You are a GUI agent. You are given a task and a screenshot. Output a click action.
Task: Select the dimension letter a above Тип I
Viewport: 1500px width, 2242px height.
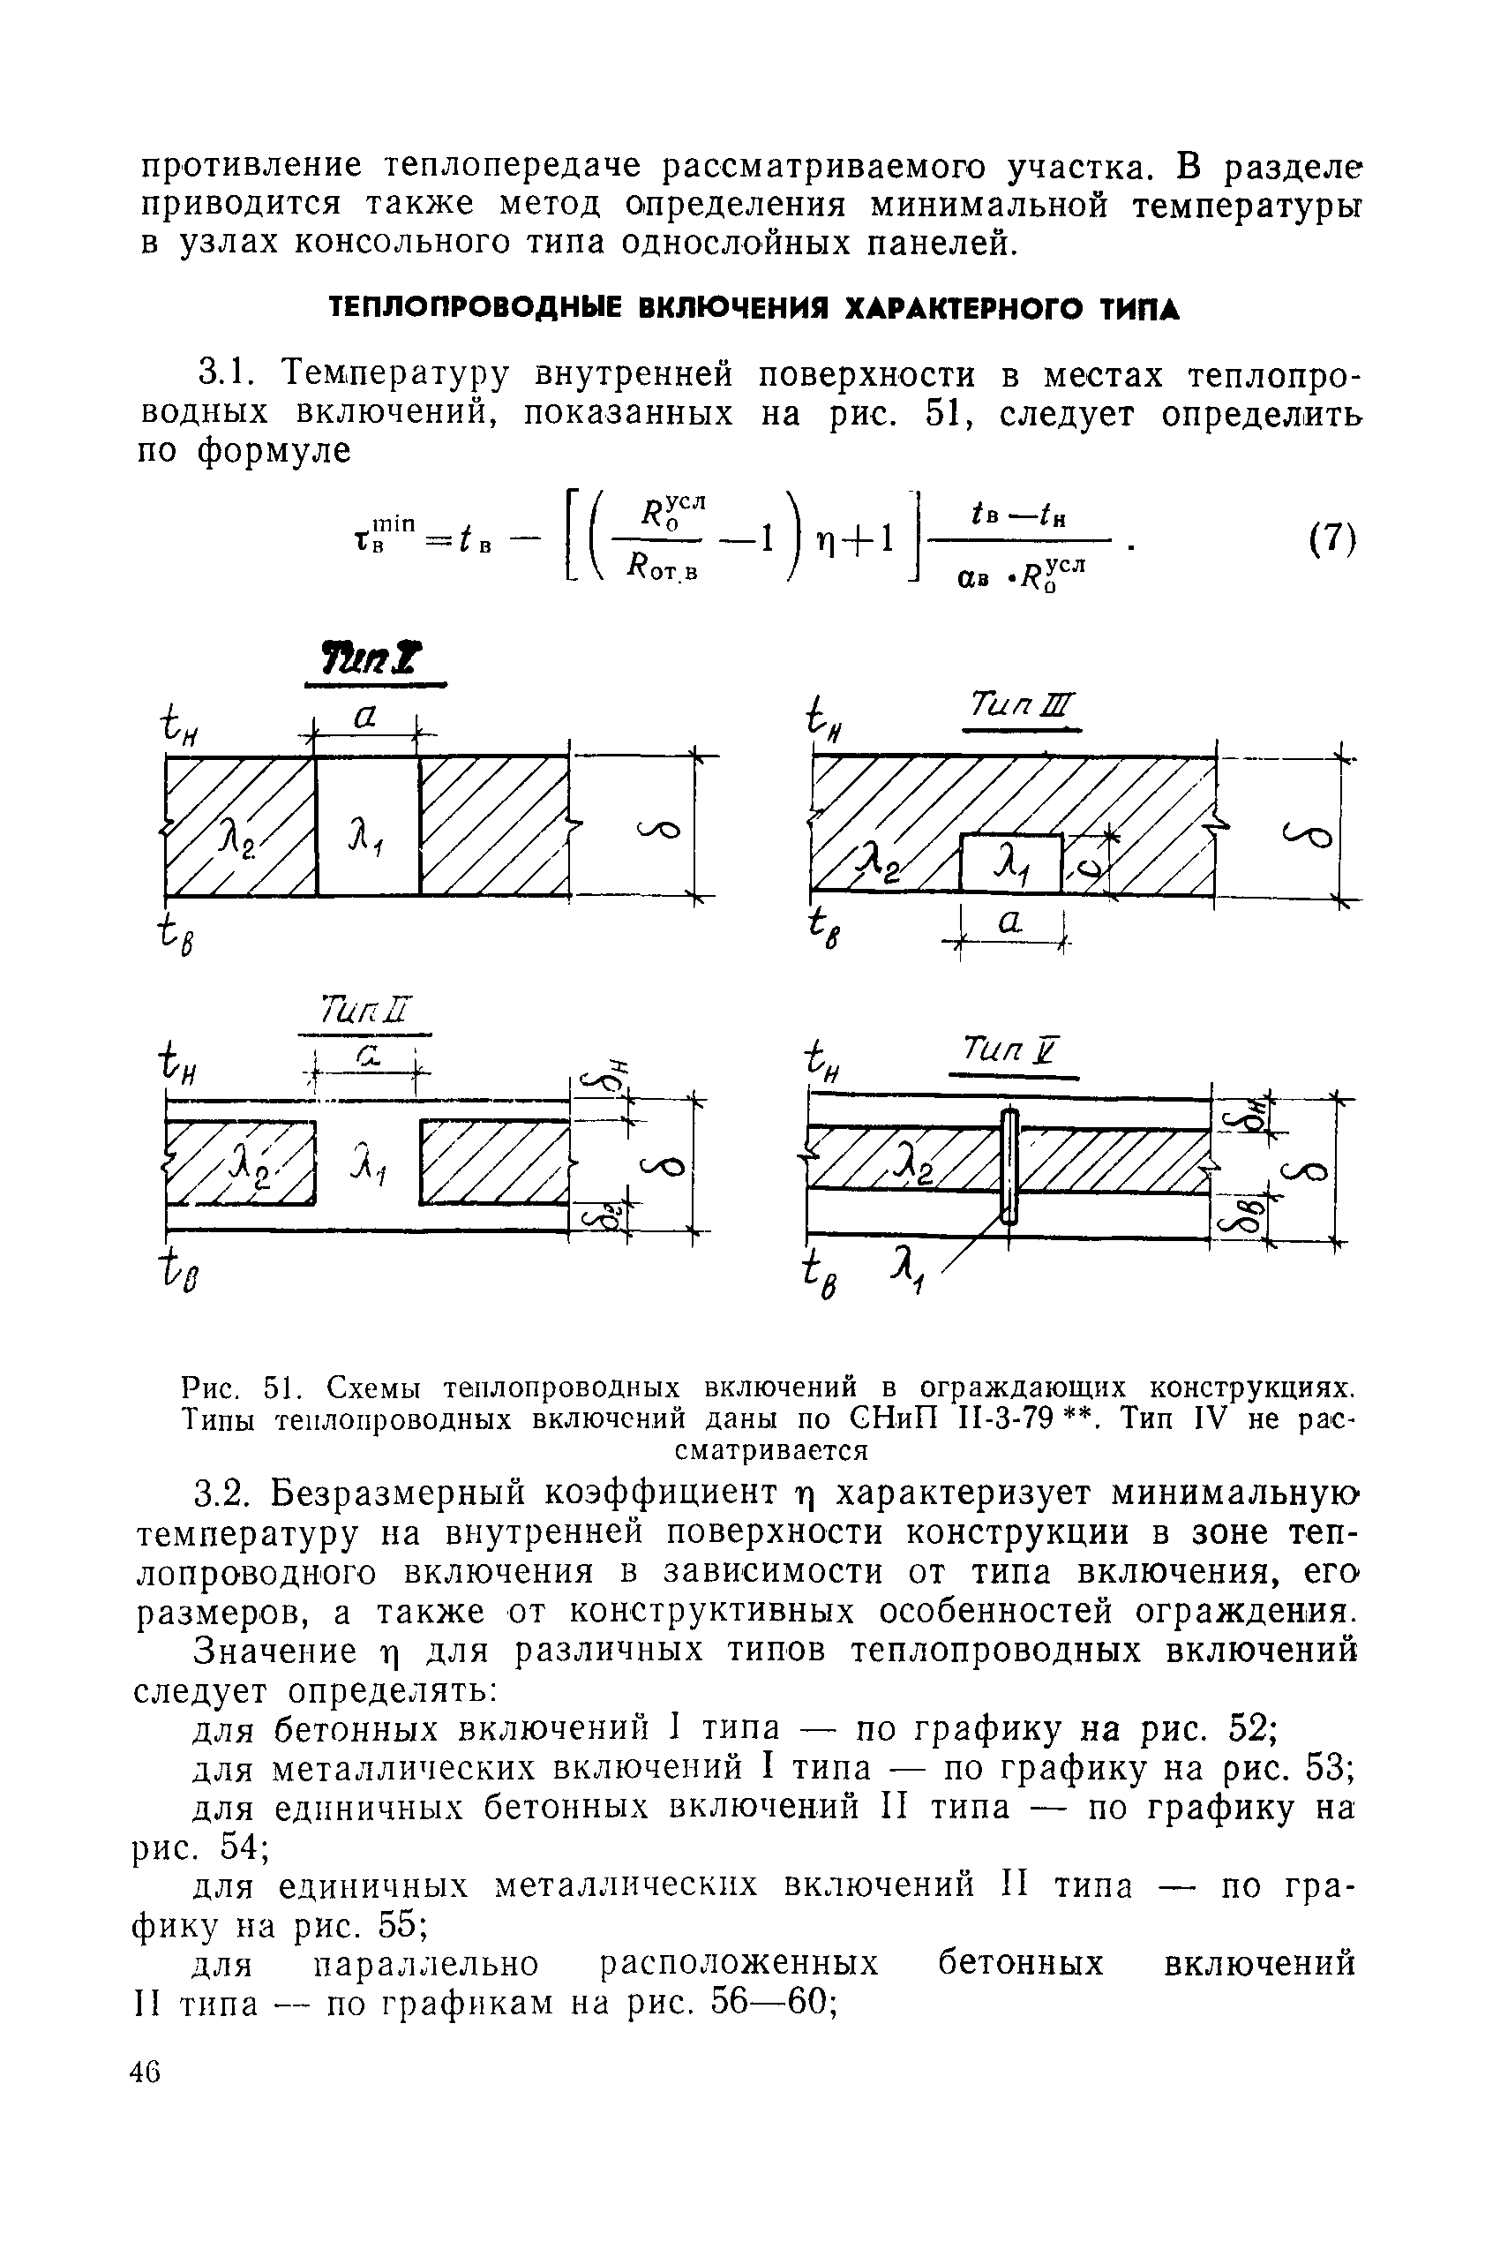[364, 718]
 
